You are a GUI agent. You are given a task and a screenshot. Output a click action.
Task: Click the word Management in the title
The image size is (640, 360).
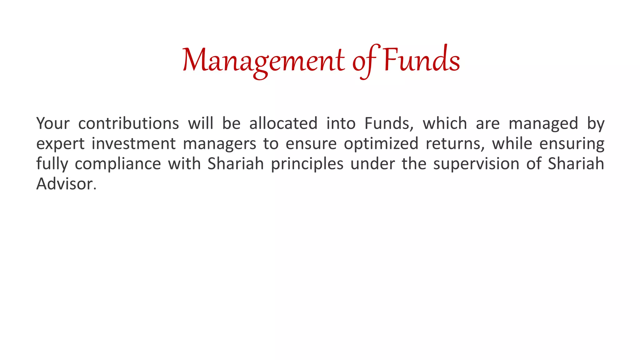tap(263, 60)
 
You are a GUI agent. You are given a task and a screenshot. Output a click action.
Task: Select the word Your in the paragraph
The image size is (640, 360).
tap(53, 123)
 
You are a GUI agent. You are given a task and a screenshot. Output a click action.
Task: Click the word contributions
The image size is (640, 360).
tap(128, 123)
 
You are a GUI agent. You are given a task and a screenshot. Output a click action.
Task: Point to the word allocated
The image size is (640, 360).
tap(283, 123)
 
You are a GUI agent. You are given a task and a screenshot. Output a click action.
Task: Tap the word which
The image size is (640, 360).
tap(445, 123)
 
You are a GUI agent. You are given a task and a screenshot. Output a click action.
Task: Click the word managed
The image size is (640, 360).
tap(543, 123)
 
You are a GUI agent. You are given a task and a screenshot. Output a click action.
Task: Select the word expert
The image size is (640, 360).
tap(60, 144)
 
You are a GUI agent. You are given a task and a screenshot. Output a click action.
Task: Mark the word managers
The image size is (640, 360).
tap(219, 144)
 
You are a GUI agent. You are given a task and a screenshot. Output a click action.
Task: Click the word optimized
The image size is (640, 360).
tap(381, 144)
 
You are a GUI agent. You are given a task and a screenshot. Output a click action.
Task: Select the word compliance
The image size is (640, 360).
tap(118, 164)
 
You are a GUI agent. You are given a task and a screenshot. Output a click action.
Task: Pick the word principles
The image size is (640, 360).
tap(307, 164)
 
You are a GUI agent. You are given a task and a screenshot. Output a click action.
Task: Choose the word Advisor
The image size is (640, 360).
tap(66, 184)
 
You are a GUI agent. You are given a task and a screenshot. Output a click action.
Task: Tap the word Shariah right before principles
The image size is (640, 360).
tap(236, 163)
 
